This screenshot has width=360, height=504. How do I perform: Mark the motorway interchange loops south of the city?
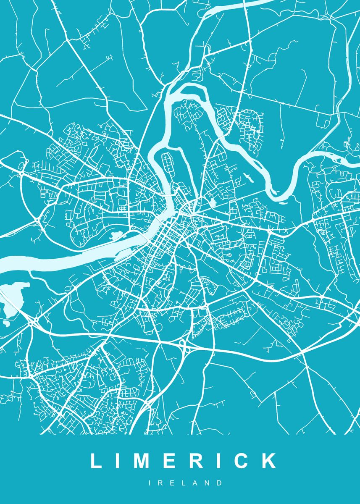click(184, 345)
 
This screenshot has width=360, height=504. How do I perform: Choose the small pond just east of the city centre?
click(212, 203)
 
